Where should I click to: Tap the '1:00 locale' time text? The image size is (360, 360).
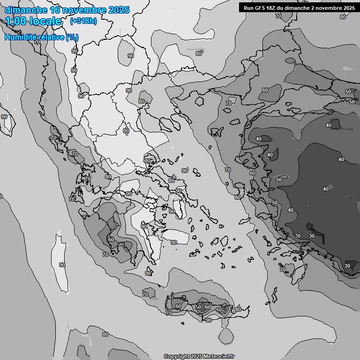click(x=33, y=21)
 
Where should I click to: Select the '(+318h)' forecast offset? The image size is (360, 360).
click(x=83, y=21)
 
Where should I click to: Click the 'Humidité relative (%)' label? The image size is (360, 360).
click(x=41, y=37)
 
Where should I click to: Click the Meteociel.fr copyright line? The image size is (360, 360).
click(x=199, y=356)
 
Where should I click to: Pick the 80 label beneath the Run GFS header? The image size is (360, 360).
click(x=343, y=17)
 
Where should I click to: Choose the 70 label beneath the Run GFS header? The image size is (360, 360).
click(x=278, y=16)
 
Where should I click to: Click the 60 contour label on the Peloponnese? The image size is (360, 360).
click(x=111, y=240)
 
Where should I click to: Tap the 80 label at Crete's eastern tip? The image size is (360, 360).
click(x=238, y=309)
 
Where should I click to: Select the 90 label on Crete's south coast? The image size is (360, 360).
click(x=208, y=320)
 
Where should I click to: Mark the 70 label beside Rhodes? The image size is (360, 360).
click(x=282, y=270)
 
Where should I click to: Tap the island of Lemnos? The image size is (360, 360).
click(x=217, y=132)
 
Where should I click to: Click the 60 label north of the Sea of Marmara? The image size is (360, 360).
click(x=265, y=90)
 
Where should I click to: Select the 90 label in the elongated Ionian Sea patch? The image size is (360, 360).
click(x=62, y=265)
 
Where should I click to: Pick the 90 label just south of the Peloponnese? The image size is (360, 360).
click(x=148, y=273)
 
